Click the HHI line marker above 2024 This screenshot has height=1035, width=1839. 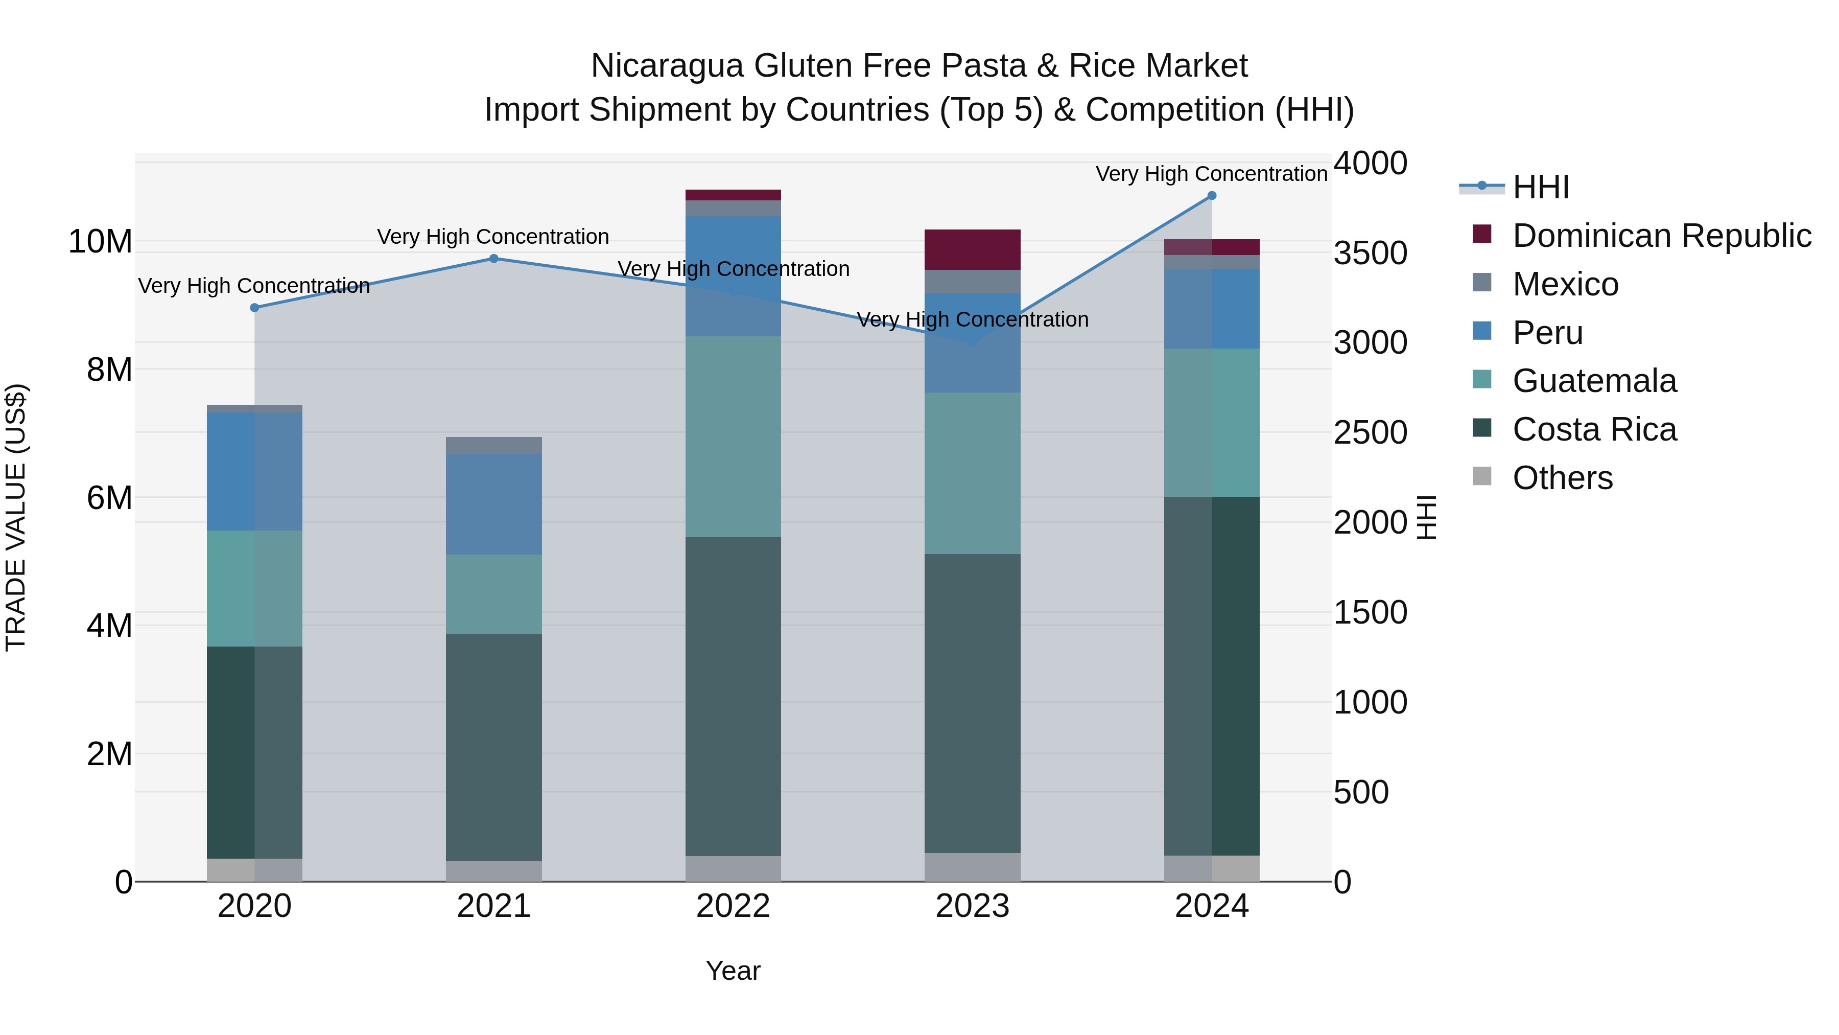click(1212, 196)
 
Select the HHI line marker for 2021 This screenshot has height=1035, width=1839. click(493, 259)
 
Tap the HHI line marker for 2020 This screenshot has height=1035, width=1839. click(254, 308)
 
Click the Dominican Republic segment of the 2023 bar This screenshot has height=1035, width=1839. click(972, 249)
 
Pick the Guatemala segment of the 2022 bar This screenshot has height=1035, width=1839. click(733, 436)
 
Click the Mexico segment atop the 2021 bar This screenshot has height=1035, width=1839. click(493, 445)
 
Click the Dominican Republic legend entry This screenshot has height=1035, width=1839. click(1661, 236)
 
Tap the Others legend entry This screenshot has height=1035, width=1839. click(1562, 478)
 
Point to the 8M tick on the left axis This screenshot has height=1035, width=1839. click(109, 370)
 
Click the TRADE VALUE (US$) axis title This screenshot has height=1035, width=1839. click(16, 517)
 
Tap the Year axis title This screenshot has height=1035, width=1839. click(733, 971)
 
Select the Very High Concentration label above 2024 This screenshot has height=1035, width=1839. click(1212, 174)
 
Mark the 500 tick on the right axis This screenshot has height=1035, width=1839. click(1361, 792)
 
